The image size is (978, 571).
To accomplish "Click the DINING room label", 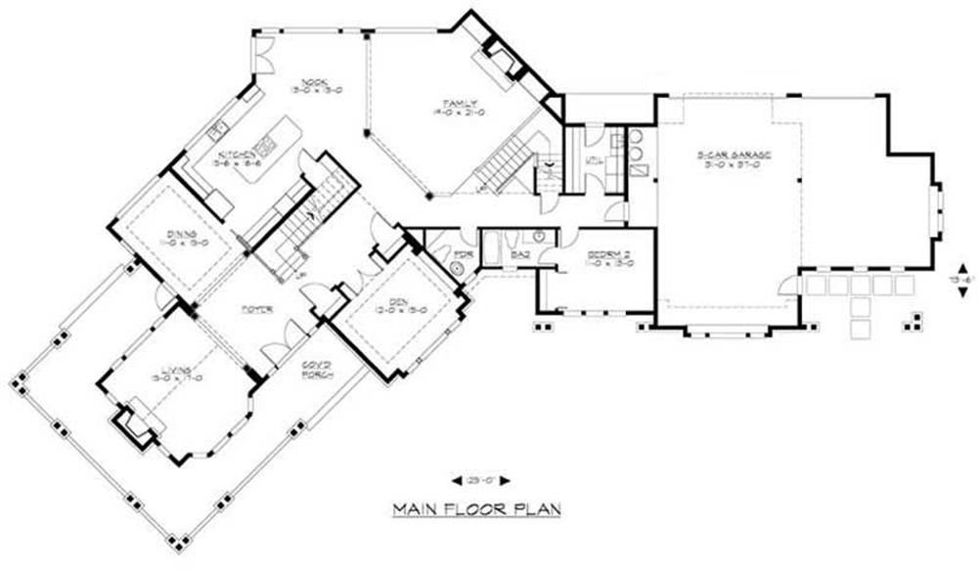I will click(x=182, y=235).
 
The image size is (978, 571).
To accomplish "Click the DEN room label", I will click(x=393, y=305).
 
